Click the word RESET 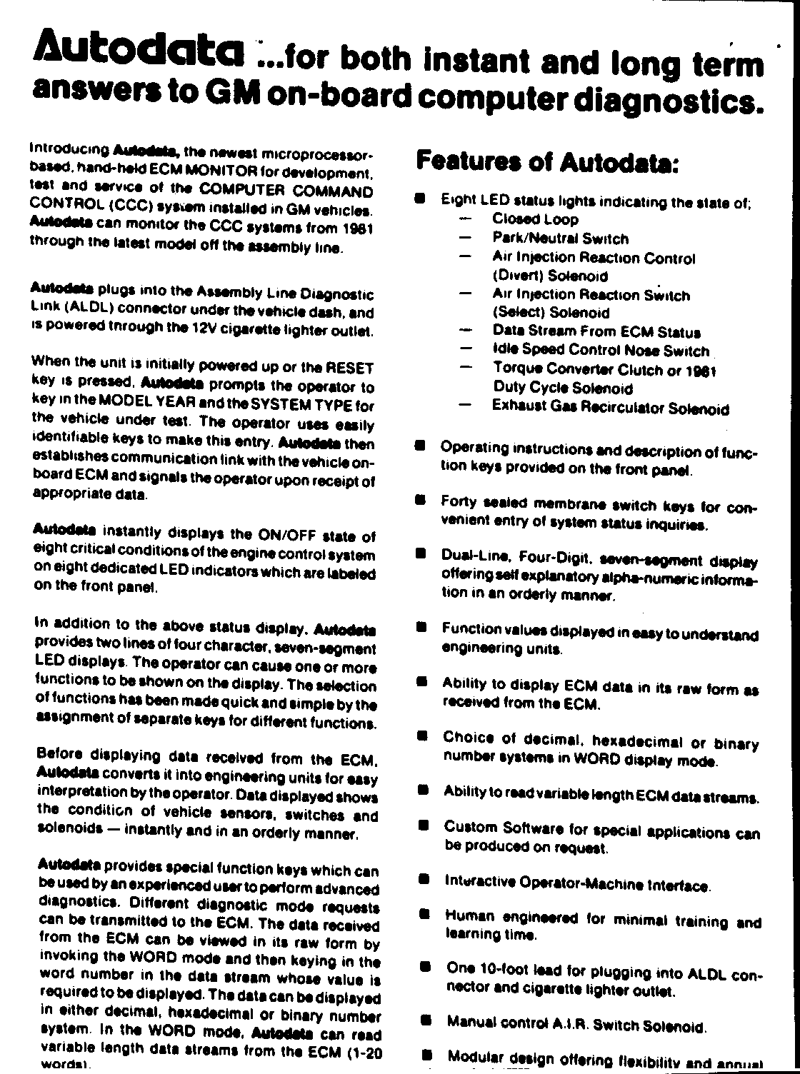click(350, 368)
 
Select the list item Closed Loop click(536, 219)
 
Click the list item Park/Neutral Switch click(560, 239)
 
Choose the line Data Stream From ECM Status click(596, 332)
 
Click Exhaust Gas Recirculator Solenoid click(611, 408)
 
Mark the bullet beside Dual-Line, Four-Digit click(421, 553)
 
